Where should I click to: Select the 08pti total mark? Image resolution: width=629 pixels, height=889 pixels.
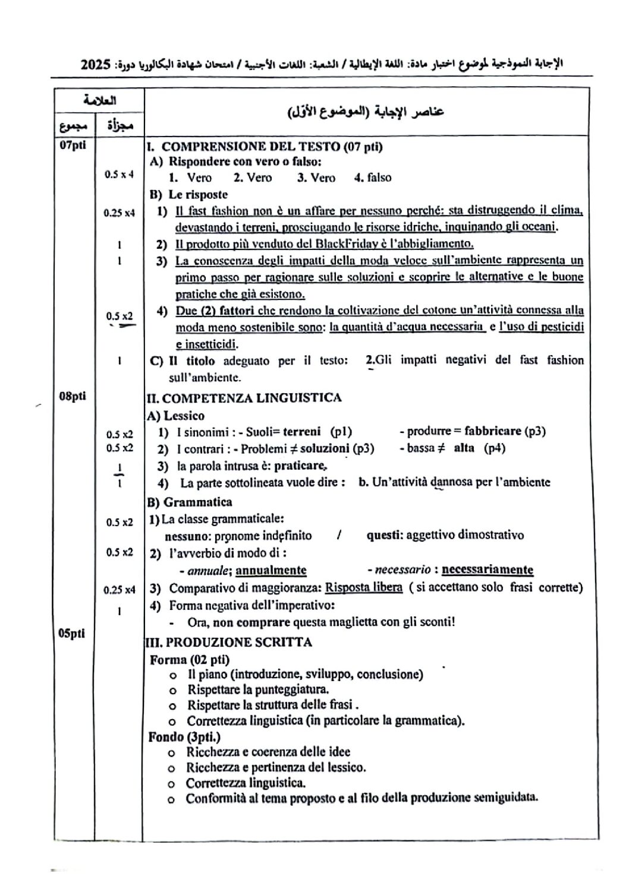(72, 396)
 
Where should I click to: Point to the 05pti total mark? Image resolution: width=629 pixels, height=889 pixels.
(71, 633)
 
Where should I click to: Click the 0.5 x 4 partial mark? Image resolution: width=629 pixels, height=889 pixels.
(119, 175)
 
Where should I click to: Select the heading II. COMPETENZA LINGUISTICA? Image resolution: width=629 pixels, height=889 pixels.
(244, 398)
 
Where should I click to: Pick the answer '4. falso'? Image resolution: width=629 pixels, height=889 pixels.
(373, 178)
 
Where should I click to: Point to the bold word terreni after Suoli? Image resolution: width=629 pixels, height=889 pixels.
(301, 432)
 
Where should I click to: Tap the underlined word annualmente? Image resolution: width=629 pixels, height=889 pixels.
(271, 570)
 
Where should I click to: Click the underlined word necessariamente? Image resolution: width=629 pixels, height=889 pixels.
(488, 570)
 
